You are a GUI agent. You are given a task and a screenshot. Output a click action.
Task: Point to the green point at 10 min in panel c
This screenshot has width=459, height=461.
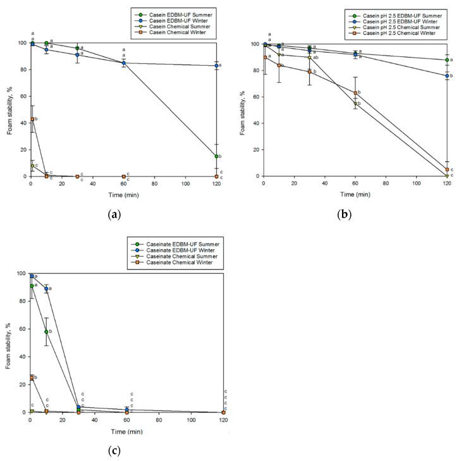pyautogui.click(x=46, y=331)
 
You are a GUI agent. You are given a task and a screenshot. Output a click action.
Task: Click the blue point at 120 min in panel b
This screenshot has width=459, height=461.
pyautogui.click(x=447, y=76)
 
